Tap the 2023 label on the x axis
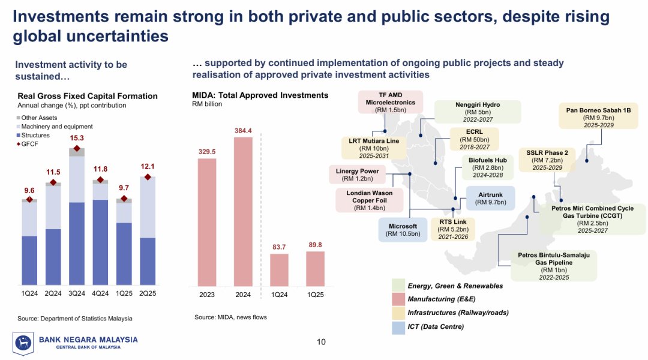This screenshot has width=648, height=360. pyautogui.click(x=207, y=295)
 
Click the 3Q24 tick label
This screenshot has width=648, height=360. pyautogui.click(x=76, y=293)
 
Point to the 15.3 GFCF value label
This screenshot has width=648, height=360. pyautogui.click(x=76, y=138)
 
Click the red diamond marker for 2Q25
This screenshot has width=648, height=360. pyautogui.click(x=147, y=177)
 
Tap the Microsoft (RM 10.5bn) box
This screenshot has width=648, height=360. pyautogui.click(x=403, y=230)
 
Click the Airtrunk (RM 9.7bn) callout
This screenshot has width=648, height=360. pyautogui.click(x=490, y=199)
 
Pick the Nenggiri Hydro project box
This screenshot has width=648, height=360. pyautogui.click(x=478, y=112)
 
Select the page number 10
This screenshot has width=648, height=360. pyautogui.click(x=321, y=342)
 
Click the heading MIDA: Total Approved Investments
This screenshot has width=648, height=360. pyautogui.click(x=260, y=95)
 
